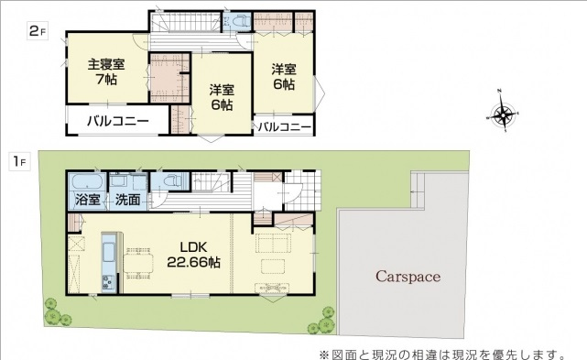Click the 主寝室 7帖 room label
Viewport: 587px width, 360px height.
coord(106,71)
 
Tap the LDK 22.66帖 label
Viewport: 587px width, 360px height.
coord(193,255)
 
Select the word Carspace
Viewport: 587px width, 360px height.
coord(408,277)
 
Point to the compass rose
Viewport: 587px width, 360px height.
coord(503,113)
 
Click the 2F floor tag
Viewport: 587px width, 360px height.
coord(38,31)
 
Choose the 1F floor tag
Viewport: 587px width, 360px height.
coord(19,161)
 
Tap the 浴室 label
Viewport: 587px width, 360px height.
coord(88,200)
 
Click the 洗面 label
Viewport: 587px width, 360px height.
coord(127,200)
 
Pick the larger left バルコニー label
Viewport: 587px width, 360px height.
coord(118,121)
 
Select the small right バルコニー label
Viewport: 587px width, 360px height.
coord(285,127)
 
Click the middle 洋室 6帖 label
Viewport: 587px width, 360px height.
coord(222,97)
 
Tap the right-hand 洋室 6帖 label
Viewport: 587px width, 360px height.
coord(284,77)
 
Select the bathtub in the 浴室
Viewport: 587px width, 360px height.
coord(87,182)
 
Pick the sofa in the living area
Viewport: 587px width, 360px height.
coord(274,244)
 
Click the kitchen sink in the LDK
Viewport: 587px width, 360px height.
coord(109,253)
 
